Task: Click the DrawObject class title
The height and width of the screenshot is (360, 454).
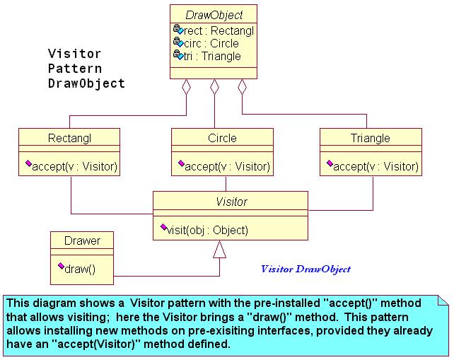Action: [x=214, y=15]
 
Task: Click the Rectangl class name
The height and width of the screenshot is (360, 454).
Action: [x=69, y=138]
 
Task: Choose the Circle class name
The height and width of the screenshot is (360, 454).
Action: [x=222, y=138]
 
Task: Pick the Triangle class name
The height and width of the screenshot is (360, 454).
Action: [x=371, y=138]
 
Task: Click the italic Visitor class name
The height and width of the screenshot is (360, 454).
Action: [x=232, y=202]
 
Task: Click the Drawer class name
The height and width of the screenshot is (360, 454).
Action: [x=82, y=240]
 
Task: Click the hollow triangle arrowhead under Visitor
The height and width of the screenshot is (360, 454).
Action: [x=219, y=250]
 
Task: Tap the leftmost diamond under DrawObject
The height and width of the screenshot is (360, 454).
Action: [x=186, y=87]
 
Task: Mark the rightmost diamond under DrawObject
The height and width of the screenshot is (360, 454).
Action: [x=242, y=86]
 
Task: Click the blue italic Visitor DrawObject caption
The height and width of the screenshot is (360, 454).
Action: [x=305, y=269]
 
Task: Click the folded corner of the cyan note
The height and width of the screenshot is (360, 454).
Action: [x=443, y=301]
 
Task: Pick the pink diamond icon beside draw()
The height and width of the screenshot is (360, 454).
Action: [x=61, y=266]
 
